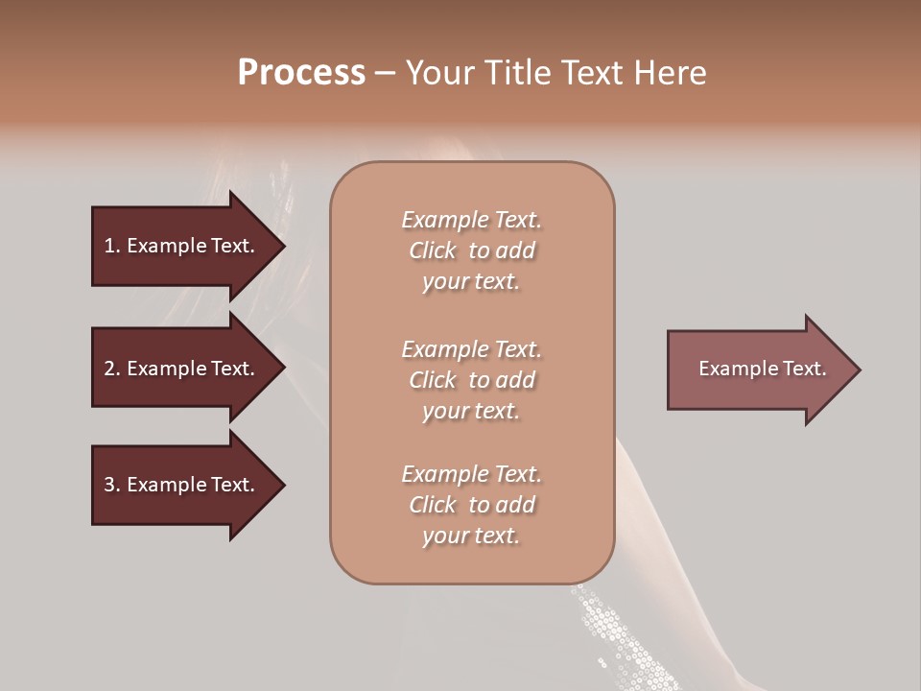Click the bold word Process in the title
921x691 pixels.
coord(301,73)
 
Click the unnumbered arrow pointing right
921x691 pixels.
coord(758,369)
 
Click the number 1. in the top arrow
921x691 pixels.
coord(111,246)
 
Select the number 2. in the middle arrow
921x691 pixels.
coord(111,369)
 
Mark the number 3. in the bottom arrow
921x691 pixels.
coord(111,485)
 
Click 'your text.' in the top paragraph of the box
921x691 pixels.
coord(471,282)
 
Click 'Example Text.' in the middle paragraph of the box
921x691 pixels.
coord(471,348)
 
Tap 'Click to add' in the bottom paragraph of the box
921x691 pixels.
coord(471,505)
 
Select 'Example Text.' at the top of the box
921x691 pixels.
coord(471,220)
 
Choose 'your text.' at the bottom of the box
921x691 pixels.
coord(471,536)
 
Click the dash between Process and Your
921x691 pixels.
coord(386,73)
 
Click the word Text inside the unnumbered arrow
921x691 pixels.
coord(804,369)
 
